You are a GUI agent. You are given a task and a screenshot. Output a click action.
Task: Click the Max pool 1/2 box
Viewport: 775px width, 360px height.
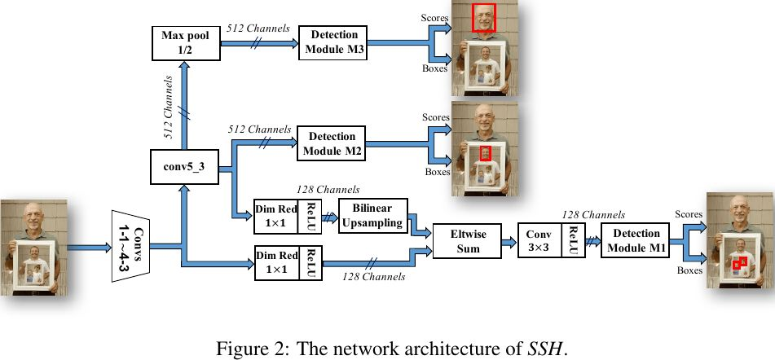[x=185, y=43]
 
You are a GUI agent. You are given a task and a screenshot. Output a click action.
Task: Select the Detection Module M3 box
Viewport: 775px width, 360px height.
[x=332, y=43]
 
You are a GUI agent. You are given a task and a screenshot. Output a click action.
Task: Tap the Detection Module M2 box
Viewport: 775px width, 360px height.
[x=331, y=143]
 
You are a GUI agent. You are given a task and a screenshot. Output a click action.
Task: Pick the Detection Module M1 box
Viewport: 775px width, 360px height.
[x=635, y=240]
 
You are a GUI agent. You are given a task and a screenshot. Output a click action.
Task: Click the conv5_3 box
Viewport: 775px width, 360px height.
[x=184, y=167]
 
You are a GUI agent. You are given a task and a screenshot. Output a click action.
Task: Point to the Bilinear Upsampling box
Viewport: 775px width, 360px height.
[x=372, y=216]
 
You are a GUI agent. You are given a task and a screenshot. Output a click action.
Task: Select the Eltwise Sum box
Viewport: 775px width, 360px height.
[x=467, y=240]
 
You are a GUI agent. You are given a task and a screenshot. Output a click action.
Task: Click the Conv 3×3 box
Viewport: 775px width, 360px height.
[x=539, y=240]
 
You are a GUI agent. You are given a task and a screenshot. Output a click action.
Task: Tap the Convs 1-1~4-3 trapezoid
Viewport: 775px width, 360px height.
[x=130, y=246]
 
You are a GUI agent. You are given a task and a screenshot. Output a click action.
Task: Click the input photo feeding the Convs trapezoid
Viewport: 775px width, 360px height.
[x=34, y=248]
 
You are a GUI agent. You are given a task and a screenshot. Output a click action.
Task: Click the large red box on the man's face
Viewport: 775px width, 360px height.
[x=483, y=18]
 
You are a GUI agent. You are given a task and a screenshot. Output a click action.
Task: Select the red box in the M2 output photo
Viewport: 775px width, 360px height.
[x=487, y=153]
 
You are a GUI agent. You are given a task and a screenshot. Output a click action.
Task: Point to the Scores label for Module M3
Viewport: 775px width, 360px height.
[x=434, y=18]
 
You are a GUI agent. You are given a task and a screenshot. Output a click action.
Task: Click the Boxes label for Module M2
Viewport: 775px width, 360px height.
[x=438, y=172]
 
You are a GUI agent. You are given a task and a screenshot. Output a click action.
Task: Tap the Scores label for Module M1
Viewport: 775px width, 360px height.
[x=689, y=214]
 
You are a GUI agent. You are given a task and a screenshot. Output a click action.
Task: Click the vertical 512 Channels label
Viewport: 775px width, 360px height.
[x=168, y=108]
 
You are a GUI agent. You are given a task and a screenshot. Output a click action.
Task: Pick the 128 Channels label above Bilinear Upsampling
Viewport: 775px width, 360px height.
[x=328, y=189]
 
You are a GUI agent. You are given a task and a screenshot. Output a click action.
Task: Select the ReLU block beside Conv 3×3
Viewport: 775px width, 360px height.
[x=574, y=240]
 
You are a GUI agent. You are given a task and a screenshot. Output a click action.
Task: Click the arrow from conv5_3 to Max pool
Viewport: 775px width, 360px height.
[x=184, y=105]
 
